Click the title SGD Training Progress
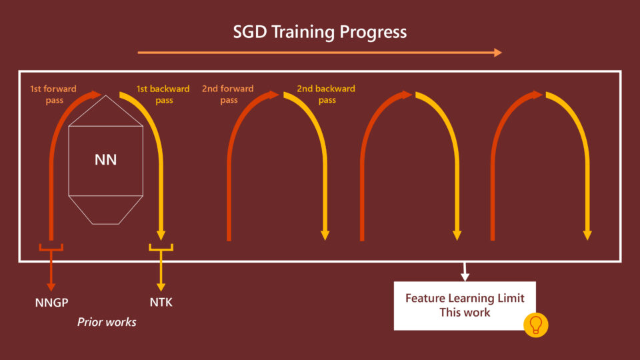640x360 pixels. [319, 31]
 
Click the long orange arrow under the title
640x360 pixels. [319, 52]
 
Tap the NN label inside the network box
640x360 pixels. [106, 160]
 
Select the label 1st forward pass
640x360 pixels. [53, 94]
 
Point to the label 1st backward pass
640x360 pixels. [163, 94]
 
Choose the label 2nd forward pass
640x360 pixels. [228, 94]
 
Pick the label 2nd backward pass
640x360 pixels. [326, 94]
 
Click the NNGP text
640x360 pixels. [52, 303]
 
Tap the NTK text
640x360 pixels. [161, 303]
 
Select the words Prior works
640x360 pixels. [107, 322]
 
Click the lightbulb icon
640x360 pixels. [535, 325]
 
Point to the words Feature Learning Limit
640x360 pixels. [465, 298]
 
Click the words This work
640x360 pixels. [465, 312]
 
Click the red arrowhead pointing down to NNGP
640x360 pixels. [51, 286]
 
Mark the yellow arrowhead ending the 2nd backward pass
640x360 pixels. [325, 235]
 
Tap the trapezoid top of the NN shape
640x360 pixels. [106, 111]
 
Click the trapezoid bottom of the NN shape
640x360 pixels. [106, 209]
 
